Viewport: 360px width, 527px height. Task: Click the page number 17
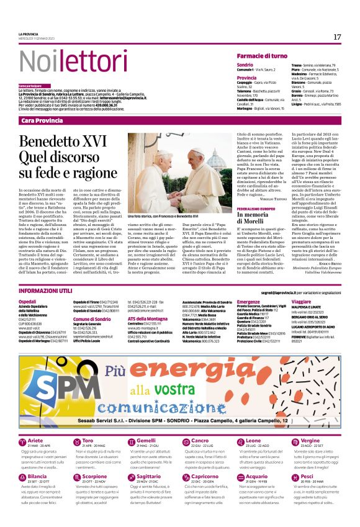[337, 37]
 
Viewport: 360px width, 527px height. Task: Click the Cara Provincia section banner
[43, 120]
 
